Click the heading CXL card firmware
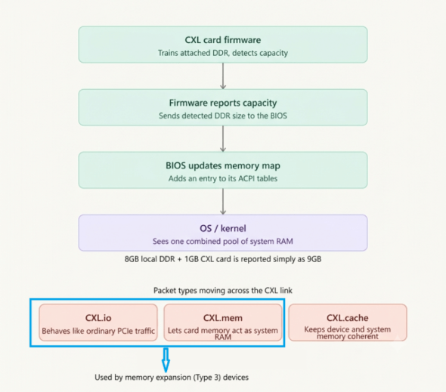(x=223, y=40)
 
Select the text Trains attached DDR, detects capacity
(x=223, y=53)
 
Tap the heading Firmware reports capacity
(x=223, y=103)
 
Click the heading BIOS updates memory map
(x=223, y=165)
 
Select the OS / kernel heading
(x=223, y=228)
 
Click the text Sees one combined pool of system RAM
(x=223, y=242)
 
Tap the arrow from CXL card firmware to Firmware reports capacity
(x=223, y=76)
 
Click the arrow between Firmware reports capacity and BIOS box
(x=223, y=139)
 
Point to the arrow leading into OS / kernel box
(x=223, y=202)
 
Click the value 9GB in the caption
(x=314, y=259)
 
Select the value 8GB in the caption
(x=132, y=259)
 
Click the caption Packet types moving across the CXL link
(x=223, y=291)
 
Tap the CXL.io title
(x=98, y=318)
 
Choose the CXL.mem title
(x=223, y=318)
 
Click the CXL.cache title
(x=347, y=318)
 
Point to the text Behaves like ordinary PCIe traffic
(x=98, y=331)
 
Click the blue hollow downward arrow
(x=166, y=360)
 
